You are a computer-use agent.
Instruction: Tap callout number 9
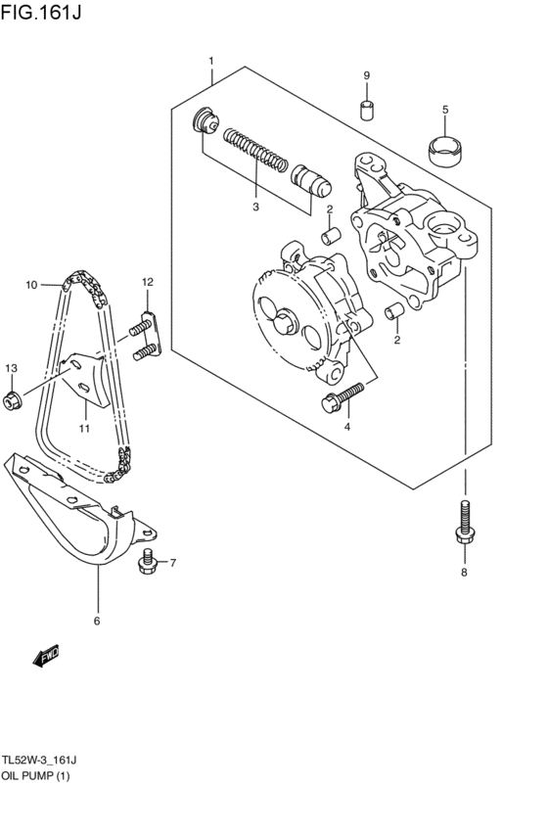click(366, 76)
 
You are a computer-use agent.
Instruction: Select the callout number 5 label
click(444, 110)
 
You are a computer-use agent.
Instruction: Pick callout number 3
click(255, 207)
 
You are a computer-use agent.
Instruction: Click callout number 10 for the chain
click(31, 285)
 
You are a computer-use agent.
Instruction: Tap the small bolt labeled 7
click(149, 561)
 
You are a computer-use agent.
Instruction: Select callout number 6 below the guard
click(97, 621)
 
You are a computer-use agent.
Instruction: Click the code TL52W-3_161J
click(39, 760)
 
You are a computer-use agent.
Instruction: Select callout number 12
click(147, 282)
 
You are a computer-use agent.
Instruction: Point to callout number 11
click(84, 428)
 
